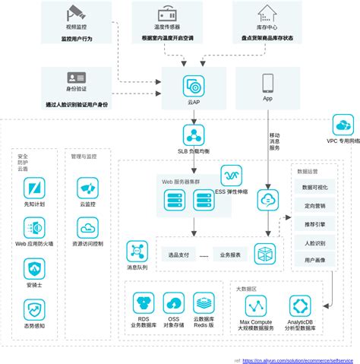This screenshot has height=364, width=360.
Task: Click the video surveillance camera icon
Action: tap(76, 14)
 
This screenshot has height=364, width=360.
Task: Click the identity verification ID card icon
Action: tap(76, 79)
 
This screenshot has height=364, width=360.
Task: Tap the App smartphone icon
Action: tap(268, 83)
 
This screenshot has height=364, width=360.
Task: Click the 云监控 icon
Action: tap(87, 187)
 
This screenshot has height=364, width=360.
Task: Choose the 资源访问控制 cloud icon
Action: tap(87, 226)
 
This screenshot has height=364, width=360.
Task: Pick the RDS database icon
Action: tap(142, 302)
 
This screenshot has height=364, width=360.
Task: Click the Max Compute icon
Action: tap(256, 306)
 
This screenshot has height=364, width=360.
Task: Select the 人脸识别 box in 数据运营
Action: tap(314, 242)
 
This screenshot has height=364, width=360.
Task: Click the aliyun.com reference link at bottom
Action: tap(301, 360)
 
